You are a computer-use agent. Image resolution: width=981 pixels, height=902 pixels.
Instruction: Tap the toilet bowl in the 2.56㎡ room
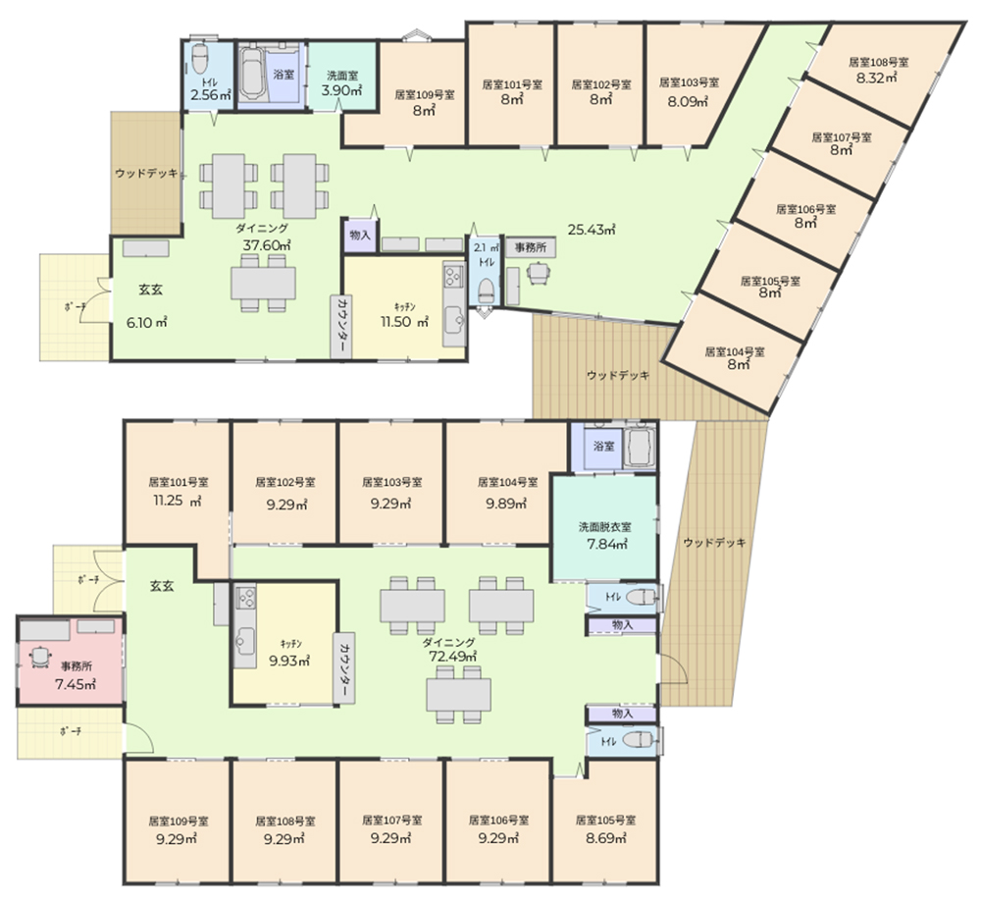[199, 58]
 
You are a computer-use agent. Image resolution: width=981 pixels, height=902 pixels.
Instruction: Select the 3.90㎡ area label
[341, 90]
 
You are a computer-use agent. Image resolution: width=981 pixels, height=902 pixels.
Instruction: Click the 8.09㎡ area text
[689, 101]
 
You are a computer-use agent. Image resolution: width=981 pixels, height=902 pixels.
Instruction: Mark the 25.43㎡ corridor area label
[592, 230]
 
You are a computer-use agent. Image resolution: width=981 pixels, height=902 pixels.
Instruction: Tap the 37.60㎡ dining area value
[267, 245]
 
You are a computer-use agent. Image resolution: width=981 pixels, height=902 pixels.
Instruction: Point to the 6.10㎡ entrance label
[146, 323]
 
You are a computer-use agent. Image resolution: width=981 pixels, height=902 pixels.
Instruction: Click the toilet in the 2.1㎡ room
[486, 290]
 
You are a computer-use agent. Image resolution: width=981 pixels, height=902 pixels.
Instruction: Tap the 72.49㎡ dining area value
[452, 657]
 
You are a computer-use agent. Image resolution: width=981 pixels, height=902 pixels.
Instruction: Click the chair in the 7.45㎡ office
[40, 655]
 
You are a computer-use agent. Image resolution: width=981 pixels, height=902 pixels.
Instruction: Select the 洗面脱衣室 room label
[604, 527]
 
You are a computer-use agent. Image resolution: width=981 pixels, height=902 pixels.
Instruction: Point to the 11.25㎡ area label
[177, 501]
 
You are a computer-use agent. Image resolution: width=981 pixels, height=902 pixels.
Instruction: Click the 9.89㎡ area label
[507, 504]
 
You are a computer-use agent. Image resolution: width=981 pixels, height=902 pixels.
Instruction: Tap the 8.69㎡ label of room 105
[606, 838]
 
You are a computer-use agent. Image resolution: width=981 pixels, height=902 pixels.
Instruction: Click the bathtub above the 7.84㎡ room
[640, 447]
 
